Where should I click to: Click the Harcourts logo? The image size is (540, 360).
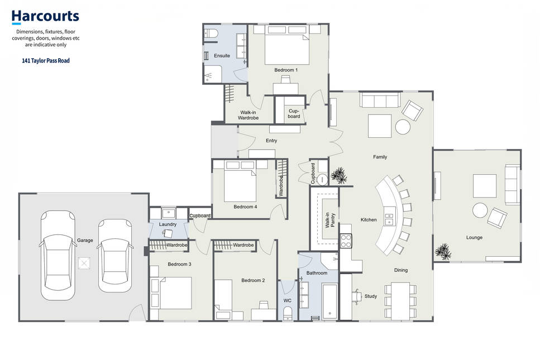(45, 17)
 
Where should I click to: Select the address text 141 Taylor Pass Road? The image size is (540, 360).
(46, 61)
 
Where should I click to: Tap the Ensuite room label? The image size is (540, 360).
(222, 55)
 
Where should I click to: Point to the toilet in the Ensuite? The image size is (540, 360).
(211, 33)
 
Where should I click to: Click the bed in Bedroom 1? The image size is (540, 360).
(287, 45)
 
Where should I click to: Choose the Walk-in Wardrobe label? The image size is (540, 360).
(248, 115)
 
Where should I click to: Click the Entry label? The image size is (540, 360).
(271, 141)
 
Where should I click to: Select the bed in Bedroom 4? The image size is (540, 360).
(240, 181)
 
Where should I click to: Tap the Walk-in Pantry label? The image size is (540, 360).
(330, 220)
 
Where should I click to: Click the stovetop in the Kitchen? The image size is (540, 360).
(346, 241)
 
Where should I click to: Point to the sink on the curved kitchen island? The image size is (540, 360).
(389, 220)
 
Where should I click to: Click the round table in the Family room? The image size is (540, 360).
(403, 127)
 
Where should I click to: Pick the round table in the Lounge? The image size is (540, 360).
(480, 210)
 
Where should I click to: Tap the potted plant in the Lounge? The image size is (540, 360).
(443, 251)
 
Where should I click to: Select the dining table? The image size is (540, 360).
(400, 301)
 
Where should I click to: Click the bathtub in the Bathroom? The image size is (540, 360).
(329, 302)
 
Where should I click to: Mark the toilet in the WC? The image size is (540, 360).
(288, 313)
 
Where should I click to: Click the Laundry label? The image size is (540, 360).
(168, 224)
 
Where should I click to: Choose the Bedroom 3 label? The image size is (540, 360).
(179, 265)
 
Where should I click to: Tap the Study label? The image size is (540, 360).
(371, 296)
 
